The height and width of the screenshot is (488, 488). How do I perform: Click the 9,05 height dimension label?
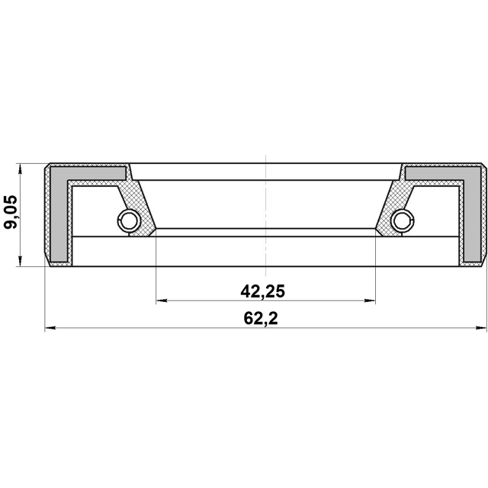pos(11,212)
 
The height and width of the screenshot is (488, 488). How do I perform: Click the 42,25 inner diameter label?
pos(262,292)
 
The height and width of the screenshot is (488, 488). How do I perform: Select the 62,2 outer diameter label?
pos(261,319)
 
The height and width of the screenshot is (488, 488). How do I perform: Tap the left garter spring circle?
pos(129,220)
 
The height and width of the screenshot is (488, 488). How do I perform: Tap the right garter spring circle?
pos(403,220)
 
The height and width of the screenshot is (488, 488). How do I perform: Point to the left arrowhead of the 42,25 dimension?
pos(162,300)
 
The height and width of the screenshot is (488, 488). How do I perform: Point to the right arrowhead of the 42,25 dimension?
pos(370,300)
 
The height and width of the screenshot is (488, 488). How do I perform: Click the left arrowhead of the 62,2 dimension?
pos(50,328)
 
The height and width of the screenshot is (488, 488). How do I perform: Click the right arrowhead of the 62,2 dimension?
pos(481,328)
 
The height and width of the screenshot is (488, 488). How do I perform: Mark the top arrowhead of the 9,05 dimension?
pos(21,169)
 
